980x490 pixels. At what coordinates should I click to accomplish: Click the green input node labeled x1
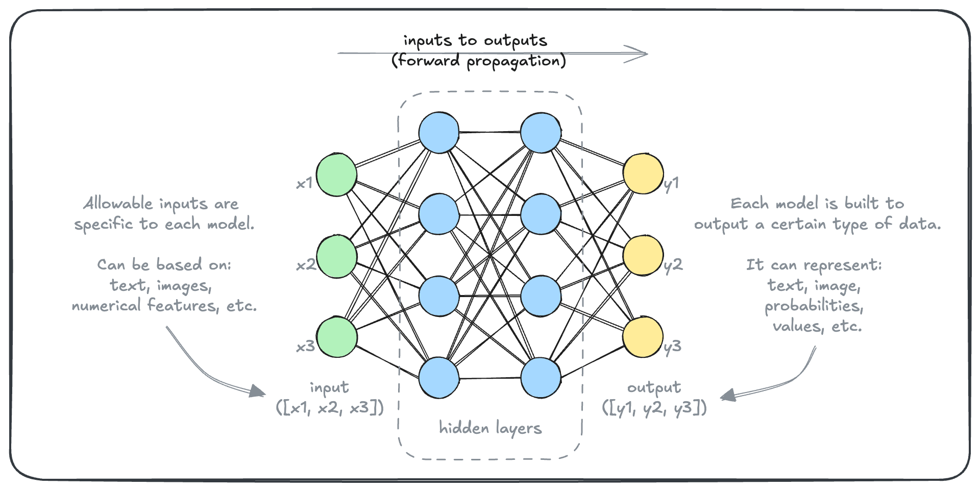coord(336,174)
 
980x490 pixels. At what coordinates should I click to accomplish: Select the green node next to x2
coord(336,256)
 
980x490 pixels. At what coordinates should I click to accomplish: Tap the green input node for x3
coord(336,337)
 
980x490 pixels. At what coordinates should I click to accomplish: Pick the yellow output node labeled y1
coord(643,174)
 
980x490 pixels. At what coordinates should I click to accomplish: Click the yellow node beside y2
coord(643,255)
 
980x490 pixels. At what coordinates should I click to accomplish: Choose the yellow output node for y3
coord(643,337)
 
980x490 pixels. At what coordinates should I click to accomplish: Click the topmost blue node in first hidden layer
coord(439,133)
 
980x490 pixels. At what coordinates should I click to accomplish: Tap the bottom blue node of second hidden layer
coord(541,378)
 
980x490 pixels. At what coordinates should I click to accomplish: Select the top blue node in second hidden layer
coord(541,133)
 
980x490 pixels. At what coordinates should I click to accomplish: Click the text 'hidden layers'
coord(490,428)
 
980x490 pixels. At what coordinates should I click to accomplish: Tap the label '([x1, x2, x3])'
coord(330,407)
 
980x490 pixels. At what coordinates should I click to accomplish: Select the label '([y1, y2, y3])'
coord(654,407)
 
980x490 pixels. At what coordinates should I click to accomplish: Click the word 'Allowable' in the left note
coord(118,203)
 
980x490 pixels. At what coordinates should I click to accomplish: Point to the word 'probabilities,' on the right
coord(814,306)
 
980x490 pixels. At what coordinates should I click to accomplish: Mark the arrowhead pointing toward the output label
coord(727,396)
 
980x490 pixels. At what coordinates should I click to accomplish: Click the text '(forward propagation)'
coord(479,61)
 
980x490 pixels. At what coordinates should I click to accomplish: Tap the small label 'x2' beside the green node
coord(306,265)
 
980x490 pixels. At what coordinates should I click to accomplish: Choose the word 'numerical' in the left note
coord(106,306)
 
